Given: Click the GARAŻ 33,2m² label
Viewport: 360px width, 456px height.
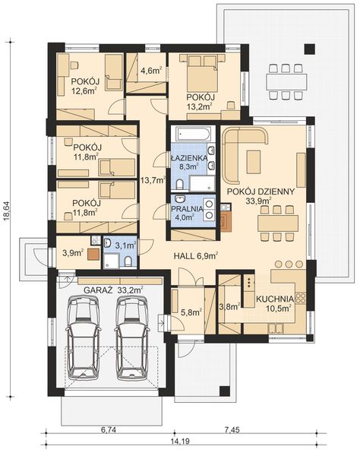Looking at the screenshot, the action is [x=113, y=290].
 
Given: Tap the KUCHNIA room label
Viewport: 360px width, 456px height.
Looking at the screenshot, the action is [x=275, y=299].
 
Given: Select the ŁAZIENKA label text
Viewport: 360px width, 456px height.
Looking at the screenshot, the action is [x=189, y=158].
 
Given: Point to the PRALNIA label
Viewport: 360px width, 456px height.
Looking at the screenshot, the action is [x=187, y=208].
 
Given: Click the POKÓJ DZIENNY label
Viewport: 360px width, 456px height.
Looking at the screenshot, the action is [x=261, y=192].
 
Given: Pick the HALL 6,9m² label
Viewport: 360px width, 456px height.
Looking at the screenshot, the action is [x=196, y=256].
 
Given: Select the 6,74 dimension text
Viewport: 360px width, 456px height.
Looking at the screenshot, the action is [x=108, y=429].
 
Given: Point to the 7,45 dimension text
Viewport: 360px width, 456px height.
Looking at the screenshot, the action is [x=232, y=429].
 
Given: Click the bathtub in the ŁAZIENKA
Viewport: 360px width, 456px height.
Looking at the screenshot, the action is [x=193, y=134].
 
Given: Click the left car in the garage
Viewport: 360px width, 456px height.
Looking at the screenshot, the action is [x=83, y=338].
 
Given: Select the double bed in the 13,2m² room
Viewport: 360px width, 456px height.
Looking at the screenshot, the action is [x=202, y=73].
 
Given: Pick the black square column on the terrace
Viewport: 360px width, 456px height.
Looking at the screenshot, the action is [x=310, y=49].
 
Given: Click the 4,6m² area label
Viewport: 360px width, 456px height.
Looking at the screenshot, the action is [x=151, y=71].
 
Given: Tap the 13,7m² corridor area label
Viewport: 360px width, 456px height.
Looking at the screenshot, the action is [x=153, y=180].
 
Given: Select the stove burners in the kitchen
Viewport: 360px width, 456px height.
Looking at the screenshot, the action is [x=301, y=297].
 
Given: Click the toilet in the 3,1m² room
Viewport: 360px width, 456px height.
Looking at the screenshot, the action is [x=128, y=261].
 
